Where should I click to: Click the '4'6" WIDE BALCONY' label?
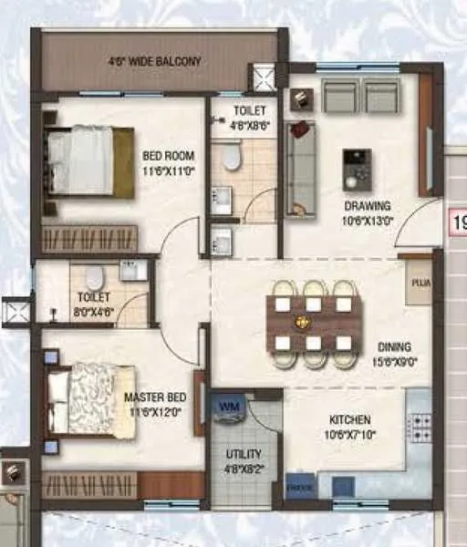[155, 62]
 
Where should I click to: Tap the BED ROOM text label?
[164, 155]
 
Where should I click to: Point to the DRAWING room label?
[368, 206]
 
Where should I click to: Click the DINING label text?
[394, 346]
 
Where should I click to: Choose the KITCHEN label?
[350, 420]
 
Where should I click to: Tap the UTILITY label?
[243, 453]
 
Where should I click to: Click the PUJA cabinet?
[420, 284]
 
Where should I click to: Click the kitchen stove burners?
[420, 427]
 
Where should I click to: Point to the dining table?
[314, 323]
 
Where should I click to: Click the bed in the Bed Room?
[89, 161]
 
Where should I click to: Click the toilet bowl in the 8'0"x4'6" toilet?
[94, 277]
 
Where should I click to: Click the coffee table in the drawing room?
[357, 169]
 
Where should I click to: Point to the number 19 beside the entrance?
[459, 222]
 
